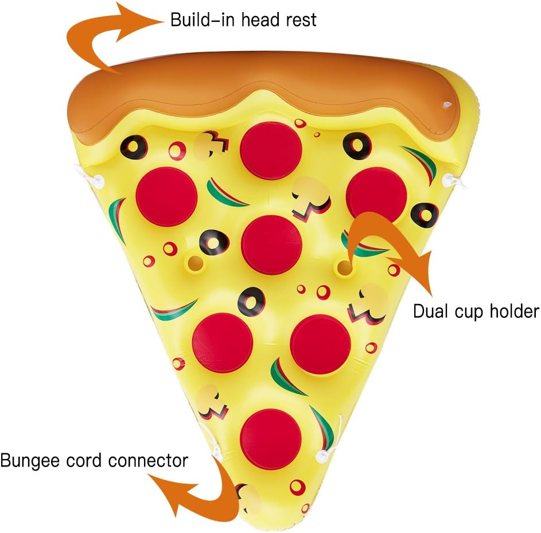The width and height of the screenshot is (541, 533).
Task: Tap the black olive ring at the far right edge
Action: pyautogui.click(x=425, y=215)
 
